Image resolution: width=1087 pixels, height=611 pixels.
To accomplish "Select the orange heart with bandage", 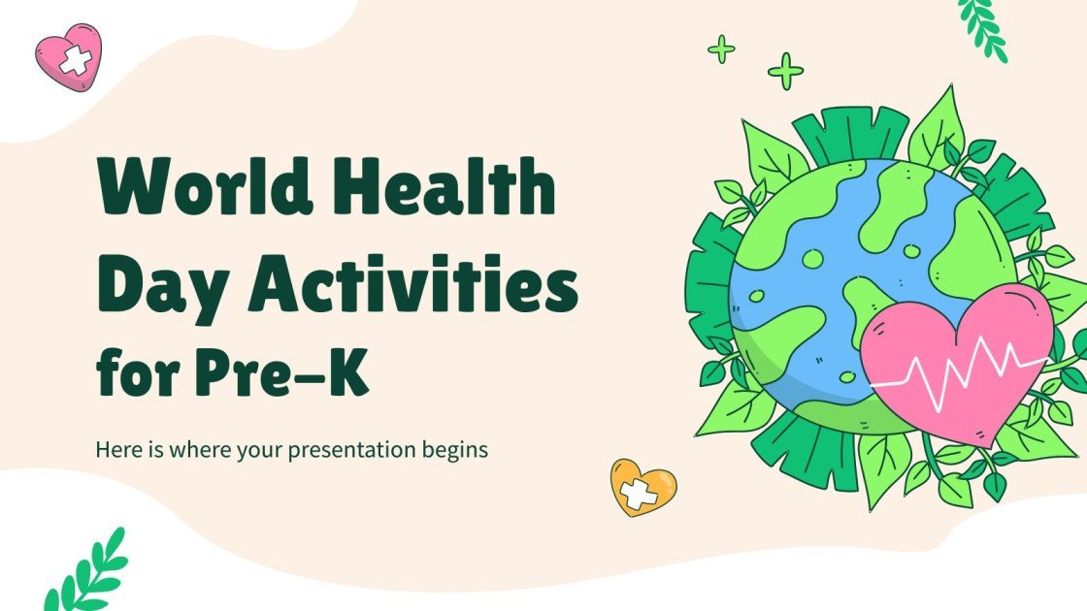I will click(642, 486).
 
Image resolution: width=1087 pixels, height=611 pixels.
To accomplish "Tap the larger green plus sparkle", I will click(785, 71).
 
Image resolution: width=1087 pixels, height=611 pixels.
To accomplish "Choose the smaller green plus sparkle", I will click(721, 48).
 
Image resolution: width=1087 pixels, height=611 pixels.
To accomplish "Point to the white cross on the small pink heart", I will click(75, 61).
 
